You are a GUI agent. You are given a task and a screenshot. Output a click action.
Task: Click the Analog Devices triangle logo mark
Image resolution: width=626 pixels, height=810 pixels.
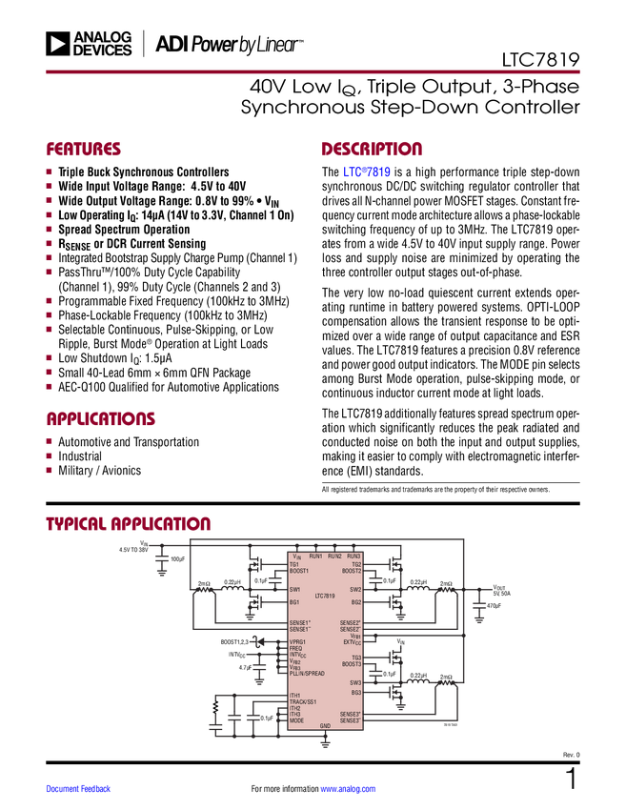[58, 43]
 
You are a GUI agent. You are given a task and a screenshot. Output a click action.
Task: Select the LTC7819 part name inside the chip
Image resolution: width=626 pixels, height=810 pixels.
[325, 596]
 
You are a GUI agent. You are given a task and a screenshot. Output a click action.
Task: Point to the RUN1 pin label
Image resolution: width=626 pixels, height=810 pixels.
[315, 556]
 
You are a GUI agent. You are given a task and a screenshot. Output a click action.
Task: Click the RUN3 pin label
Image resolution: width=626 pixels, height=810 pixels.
[353, 556]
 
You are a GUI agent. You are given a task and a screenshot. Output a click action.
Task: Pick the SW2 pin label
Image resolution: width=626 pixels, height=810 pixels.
[354, 590]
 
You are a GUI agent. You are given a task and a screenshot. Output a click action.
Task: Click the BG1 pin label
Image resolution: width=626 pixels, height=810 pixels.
[294, 602]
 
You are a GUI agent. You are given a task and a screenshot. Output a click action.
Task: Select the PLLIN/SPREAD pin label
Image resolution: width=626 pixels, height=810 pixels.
[307, 674]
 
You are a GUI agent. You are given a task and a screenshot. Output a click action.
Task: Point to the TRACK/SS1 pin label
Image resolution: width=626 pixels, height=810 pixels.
[303, 702]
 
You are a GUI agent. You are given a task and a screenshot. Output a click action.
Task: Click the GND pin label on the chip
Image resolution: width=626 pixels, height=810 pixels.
[325, 726]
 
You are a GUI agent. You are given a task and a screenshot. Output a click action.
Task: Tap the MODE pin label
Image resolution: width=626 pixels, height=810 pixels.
[296, 720]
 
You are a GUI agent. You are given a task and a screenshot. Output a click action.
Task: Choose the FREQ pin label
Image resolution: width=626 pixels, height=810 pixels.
[295, 649]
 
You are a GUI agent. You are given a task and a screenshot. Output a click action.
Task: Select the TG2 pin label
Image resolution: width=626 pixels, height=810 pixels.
[356, 564]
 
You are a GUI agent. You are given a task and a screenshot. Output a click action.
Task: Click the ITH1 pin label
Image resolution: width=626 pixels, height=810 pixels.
[295, 696]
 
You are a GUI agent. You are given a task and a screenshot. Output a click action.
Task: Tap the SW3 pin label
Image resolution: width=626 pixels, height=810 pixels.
[354, 682]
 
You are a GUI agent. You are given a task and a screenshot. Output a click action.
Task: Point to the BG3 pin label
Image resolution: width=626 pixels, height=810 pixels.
[355, 693]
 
